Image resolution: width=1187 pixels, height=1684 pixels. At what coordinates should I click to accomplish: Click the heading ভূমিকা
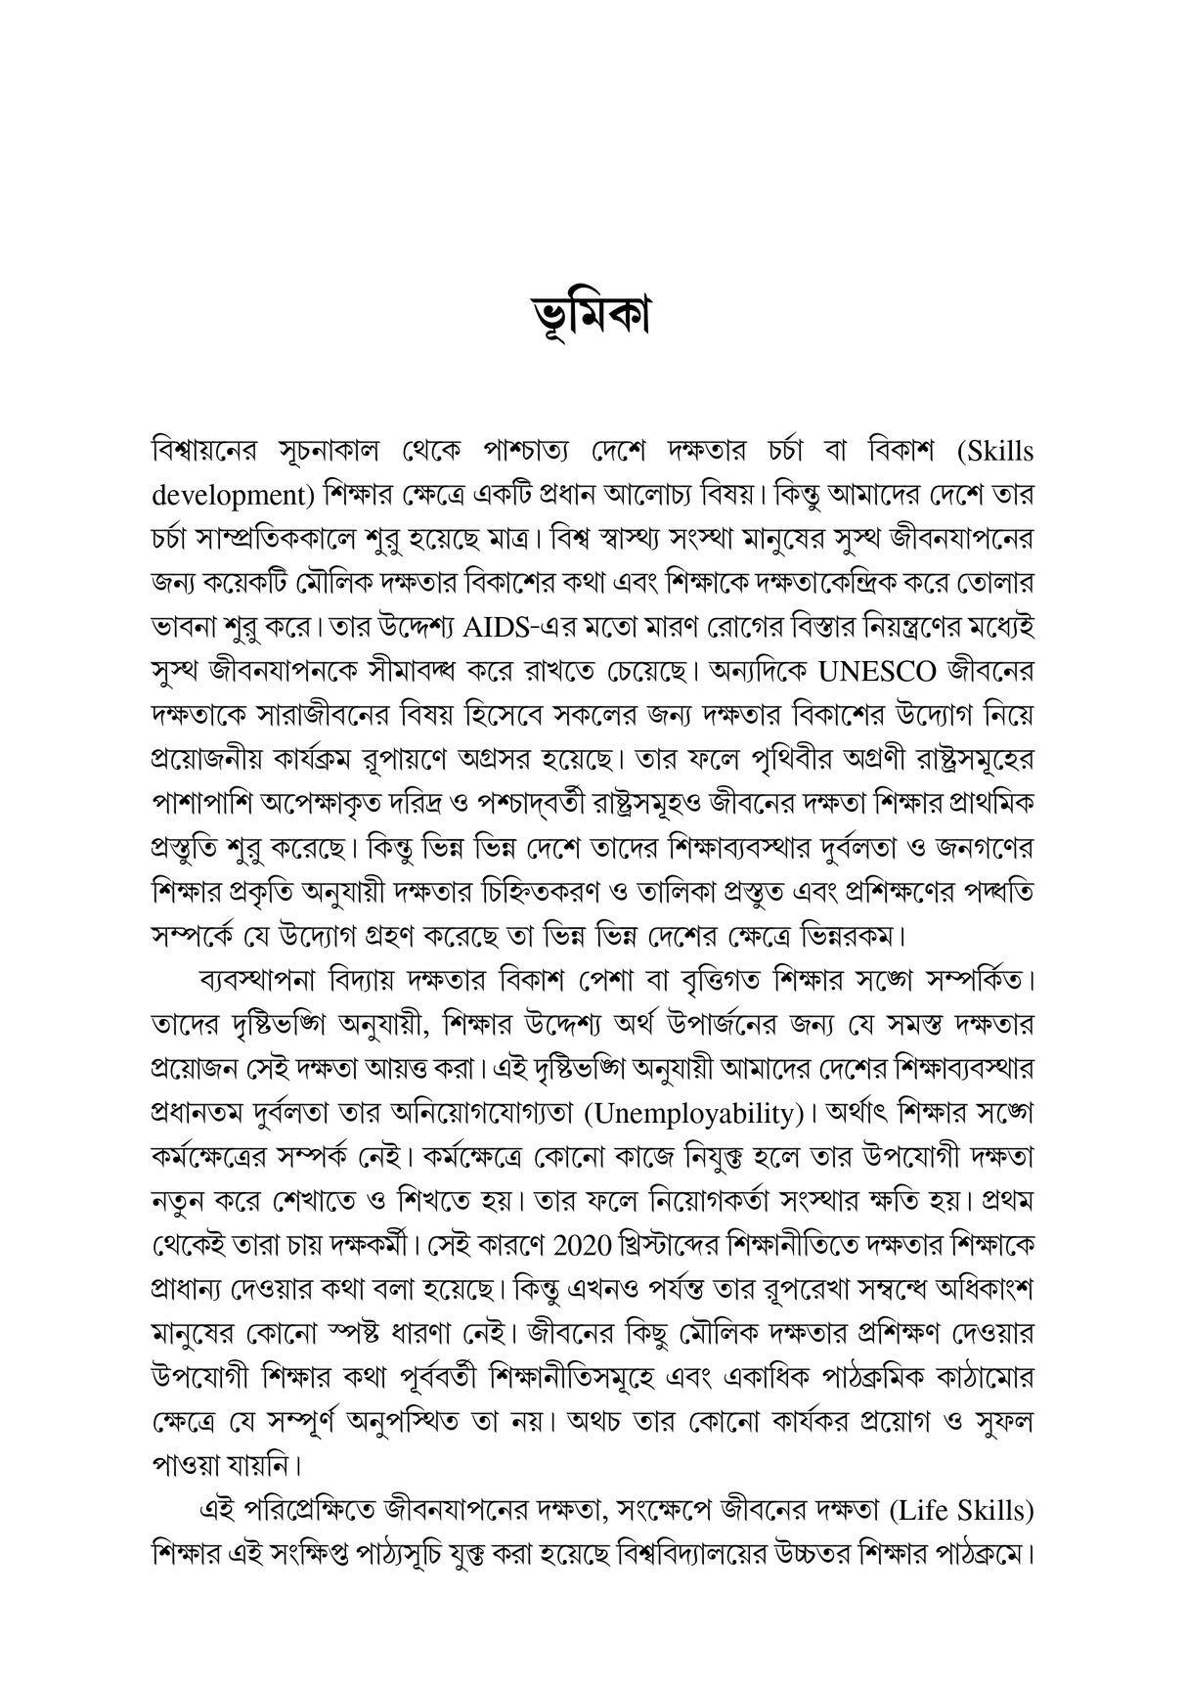click(x=593, y=315)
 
